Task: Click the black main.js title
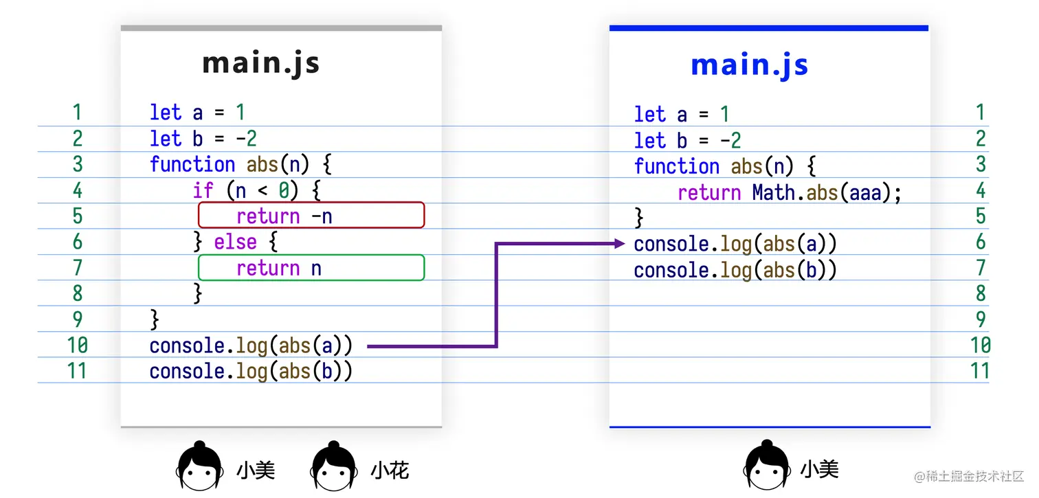point(261,64)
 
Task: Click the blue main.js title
point(749,65)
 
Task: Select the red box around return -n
point(311,215)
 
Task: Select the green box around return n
point(311,267)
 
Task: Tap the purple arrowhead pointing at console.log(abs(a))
point(620,243)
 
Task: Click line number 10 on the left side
point(77,345)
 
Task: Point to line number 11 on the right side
point(980,371)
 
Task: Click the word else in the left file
point(235,242)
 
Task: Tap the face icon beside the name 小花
point(334,468)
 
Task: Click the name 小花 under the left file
point(390,471)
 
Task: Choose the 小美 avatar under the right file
point(766,468)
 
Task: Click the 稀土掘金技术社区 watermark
point(968,476)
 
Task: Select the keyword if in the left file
point(203,190)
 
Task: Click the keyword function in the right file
point(676,166)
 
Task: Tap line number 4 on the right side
point(981,190)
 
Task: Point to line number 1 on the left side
point(77,112)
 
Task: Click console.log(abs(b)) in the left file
point(251,371)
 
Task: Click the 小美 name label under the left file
point(256,471)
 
